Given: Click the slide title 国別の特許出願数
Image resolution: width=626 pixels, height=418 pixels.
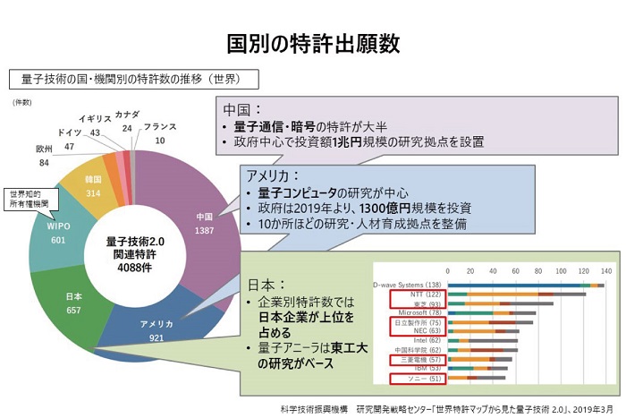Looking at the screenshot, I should point(312,42).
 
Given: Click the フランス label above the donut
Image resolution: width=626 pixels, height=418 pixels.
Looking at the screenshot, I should point(160,127).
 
